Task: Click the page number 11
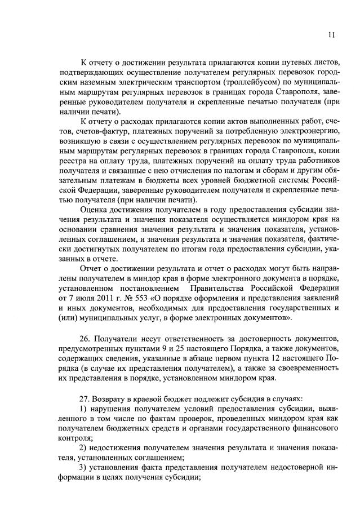click(332, 35)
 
